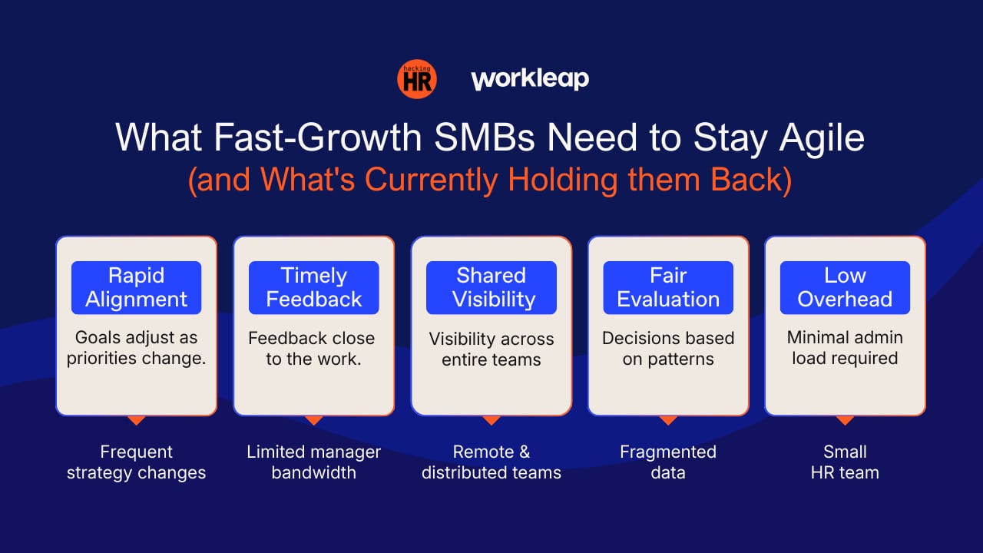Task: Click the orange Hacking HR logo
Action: (x=416, y=79)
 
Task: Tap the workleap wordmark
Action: (x=530, y=79)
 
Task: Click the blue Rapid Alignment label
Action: (x=137, y=287)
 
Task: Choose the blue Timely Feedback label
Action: (x=314, y=287)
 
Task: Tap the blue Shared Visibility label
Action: (x=491, y=287)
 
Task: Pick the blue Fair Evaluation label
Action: (x=668, y=287)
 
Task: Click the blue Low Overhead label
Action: (x=846, y=287)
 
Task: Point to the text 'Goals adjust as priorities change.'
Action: (x=137, y=348)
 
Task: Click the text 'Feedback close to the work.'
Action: (x=312, y=349)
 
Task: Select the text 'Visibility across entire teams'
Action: (x=491, y=349)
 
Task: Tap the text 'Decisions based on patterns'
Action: (x=668, y=349)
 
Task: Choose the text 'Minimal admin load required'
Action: (x=846, y=348)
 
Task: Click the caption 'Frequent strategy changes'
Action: (x=137, y=462)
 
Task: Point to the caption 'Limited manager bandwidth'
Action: (x=314, y=462)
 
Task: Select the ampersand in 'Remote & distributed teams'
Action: (x=524, y=452)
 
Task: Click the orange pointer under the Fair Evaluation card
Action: (x=668, y=420)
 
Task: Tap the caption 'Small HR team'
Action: (x=846, y=462)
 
